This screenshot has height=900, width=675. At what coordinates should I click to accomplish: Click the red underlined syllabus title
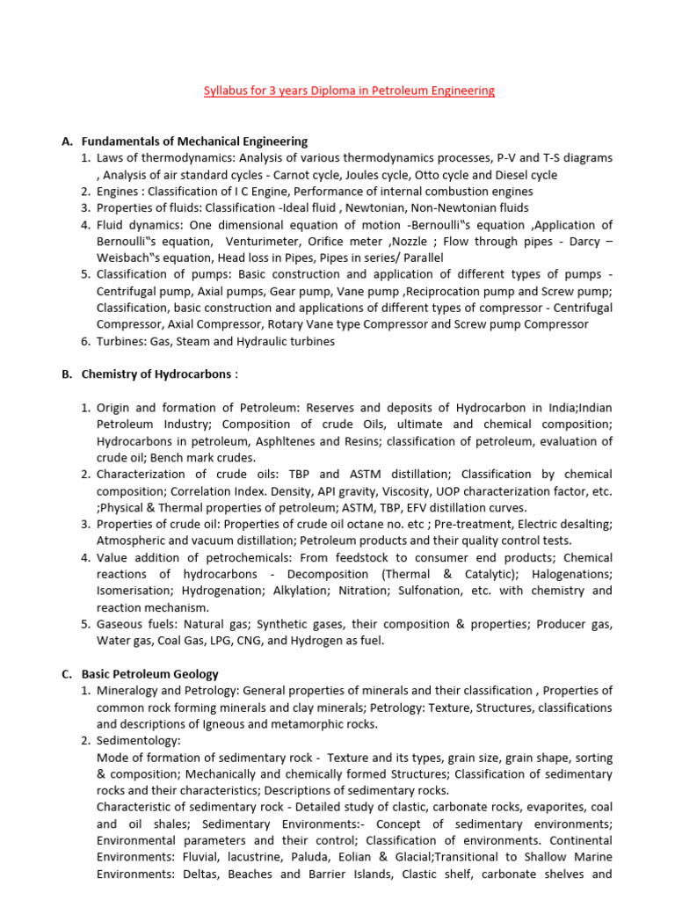(x=349, y=91)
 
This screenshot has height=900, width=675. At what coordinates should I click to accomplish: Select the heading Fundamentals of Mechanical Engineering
(x=194, y=141)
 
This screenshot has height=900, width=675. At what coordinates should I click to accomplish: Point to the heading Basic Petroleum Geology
(x=149, y=674)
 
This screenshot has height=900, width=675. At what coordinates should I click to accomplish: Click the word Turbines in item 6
(x=120, y=341)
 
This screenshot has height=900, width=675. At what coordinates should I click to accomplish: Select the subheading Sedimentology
(x=138, y=741)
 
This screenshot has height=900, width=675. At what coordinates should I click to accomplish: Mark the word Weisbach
(x=127, y=258)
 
